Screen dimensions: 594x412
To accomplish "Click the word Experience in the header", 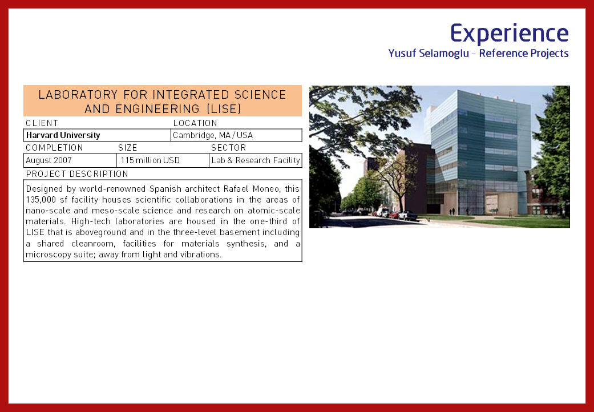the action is (510, 33).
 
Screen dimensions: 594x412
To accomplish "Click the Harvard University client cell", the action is (97, 135).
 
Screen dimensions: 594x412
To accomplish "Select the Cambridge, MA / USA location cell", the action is (236, 135).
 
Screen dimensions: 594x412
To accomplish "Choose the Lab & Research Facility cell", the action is (256, 160).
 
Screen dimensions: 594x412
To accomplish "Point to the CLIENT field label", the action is (42, 123).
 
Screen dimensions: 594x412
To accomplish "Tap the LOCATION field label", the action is (195, 123).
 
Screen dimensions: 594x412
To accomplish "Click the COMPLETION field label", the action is (55, 148).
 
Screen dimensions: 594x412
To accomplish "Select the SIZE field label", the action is (128, 148).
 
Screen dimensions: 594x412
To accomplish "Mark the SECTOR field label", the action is (229, 148).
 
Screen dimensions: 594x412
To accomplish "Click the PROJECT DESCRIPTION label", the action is (77, 174).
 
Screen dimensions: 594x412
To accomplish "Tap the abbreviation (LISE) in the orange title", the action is (224, 109).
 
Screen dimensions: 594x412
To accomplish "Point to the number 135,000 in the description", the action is (41, 200).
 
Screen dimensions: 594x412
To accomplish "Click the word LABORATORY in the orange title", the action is (78, 95).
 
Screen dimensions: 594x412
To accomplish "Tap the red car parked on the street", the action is (394, 215).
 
